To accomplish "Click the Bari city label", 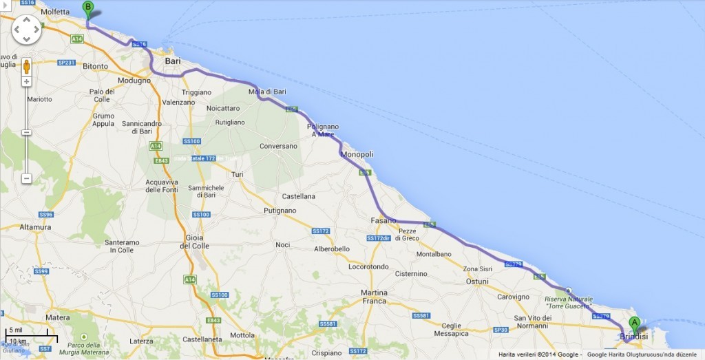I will click(173, 61).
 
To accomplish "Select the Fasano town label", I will click(383, 220).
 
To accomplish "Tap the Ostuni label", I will click(477, 282).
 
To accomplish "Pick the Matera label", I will click(58, 317).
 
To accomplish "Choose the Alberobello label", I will click(333, 248).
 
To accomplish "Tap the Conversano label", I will click(278, 146).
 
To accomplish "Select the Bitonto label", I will click(95, 66).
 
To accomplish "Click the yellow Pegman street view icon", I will click(27, 67).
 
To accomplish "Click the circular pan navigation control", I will click(27, 30).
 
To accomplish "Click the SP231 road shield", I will click(65, 62).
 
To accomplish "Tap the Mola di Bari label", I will click(268, 92).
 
